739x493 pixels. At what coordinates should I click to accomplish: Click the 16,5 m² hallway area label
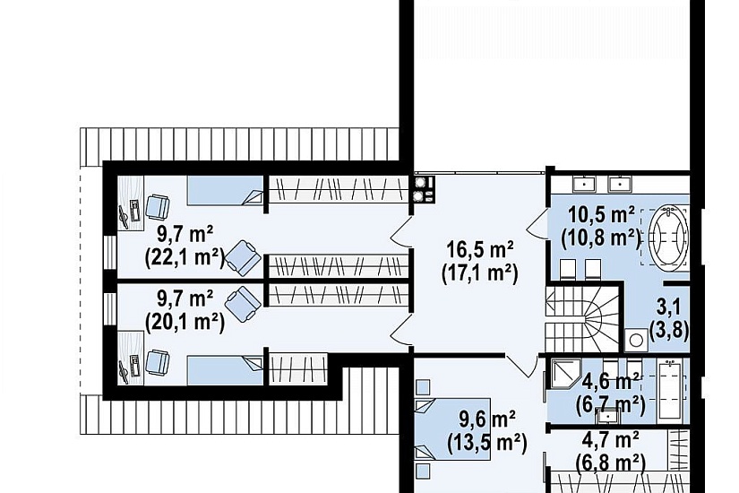click(x=480, y=249)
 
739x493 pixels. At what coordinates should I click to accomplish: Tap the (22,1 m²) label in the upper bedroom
click(x=185, y=257)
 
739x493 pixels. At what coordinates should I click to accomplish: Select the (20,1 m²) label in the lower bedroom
click(x=185, y=323)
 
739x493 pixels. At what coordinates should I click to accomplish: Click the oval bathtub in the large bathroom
click(x=668, y=236)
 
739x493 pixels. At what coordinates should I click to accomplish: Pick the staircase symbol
click(x=582, y=317)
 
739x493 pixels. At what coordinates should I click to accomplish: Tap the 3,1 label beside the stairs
click(x=669, y=307)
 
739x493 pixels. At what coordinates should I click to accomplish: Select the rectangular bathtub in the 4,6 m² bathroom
click(x=669, y=389)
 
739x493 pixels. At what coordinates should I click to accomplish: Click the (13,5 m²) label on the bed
click(x=486, y=444)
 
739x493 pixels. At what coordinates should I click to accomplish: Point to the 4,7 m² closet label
click(x=610, y=440)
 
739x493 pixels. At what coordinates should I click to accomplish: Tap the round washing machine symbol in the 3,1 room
click(x=637, y=340)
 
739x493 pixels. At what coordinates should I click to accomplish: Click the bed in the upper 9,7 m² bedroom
click(x=225, y=191)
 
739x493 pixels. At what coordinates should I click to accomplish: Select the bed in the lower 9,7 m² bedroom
click(x=225, y=370)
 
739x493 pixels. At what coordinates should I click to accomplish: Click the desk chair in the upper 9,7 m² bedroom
click(x=157, y=207)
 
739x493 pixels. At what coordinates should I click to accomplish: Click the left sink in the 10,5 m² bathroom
click(x=585, y=184)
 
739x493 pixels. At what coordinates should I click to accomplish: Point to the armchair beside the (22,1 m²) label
click(x=243, y=257)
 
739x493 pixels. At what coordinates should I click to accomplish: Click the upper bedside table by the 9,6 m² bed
click(x=423, y=387)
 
